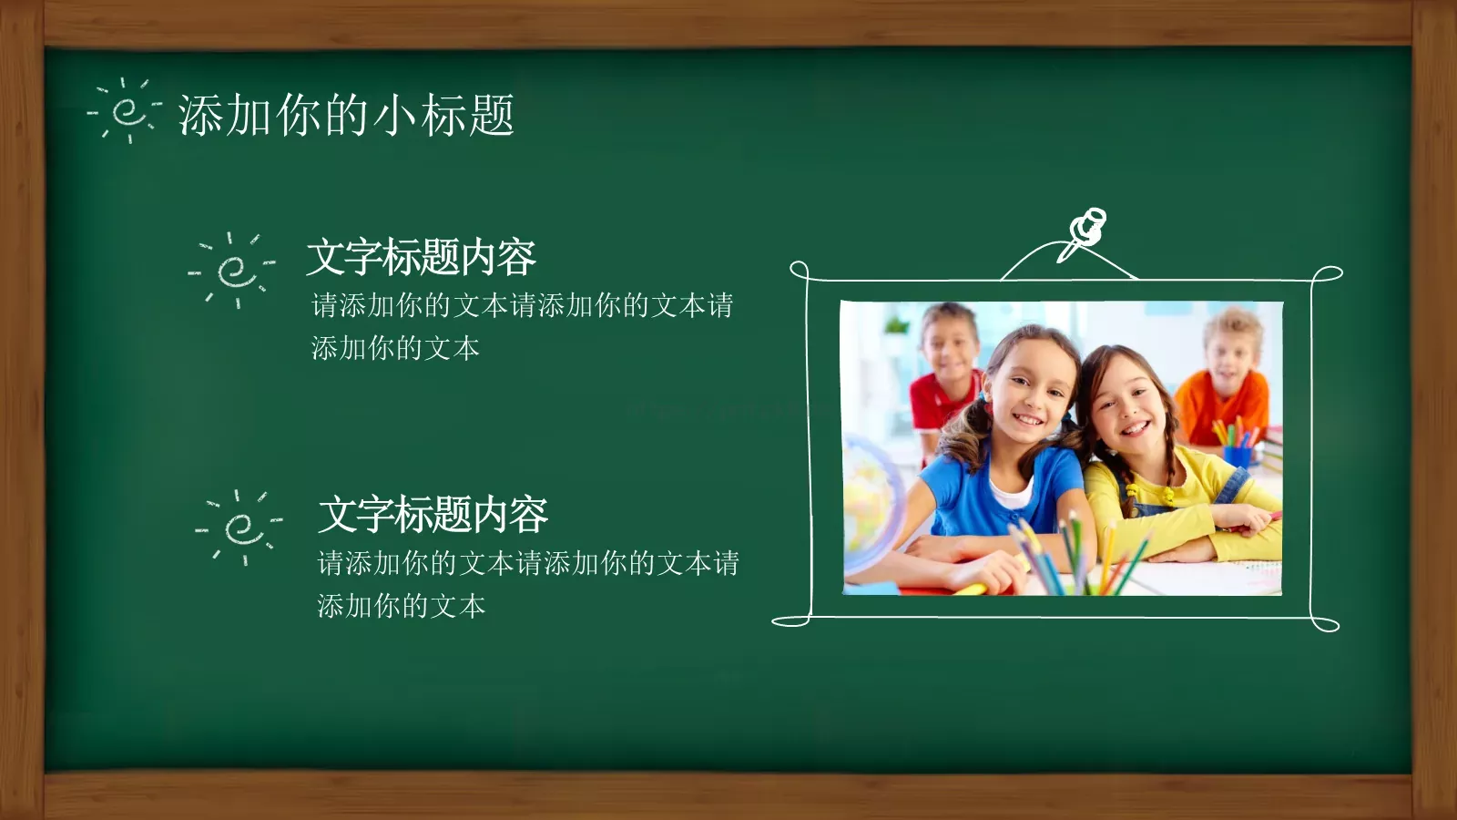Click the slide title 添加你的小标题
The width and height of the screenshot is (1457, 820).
point(346,116)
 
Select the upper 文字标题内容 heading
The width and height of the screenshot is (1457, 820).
point(421,257)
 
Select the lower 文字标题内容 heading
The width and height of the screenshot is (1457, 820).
point(433,515)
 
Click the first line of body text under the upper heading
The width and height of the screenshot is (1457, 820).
point(522,305)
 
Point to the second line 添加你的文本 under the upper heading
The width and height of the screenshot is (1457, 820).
point(395,348)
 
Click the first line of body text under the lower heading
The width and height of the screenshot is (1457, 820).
point(528,563)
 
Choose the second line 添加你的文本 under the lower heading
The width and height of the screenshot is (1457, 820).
point(401,606)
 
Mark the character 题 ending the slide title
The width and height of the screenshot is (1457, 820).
point(492,116)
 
